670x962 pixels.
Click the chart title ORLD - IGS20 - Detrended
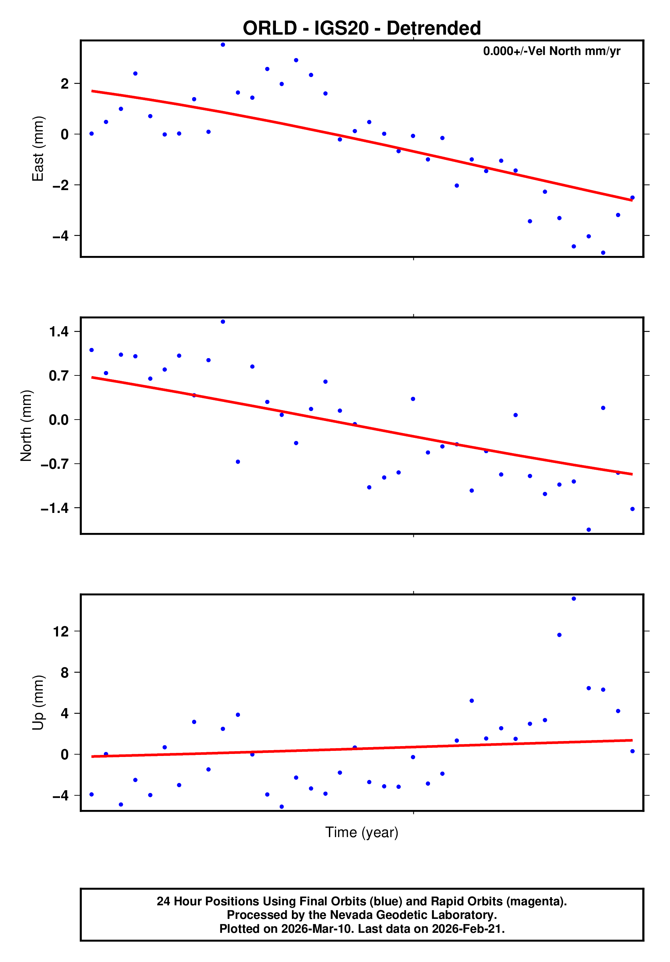coord(361,28)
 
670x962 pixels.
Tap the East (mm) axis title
coord(38,149)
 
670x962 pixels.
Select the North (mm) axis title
coord(26,426)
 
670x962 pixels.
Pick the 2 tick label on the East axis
coord(64,84)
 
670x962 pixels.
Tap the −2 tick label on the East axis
coord(60,185)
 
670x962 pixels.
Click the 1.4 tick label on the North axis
coord(59,332)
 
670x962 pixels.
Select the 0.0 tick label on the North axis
coord(59,420)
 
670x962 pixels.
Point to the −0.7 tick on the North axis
coord(54,464)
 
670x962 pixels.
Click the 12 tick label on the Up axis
coord(61,631)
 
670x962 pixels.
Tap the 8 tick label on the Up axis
coord(64,672)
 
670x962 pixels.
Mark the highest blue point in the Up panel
coord(574,599)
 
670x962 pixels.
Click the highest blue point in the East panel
coord(223,45)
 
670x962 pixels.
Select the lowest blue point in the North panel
coord(588,530)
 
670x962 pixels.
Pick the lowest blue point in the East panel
coord(603,253)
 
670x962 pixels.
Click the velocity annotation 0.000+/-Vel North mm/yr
coord(552,51)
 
